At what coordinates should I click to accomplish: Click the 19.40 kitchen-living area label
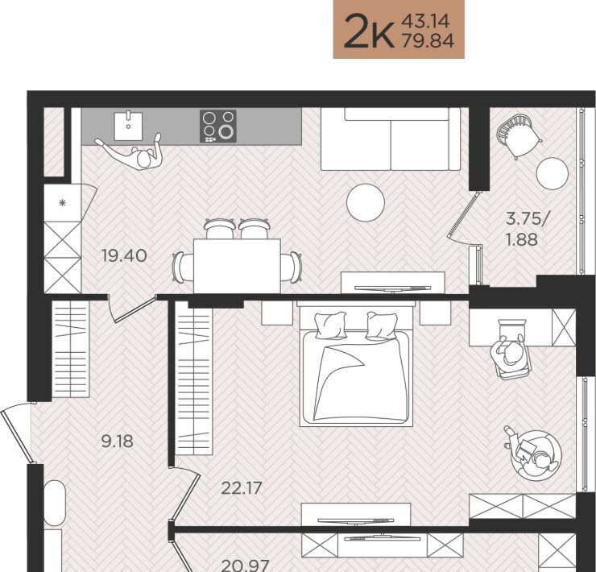124,255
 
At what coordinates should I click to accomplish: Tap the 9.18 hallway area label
118,441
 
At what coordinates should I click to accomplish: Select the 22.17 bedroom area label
242,488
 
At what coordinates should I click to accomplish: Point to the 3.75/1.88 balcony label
526,230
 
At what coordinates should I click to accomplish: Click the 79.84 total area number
428,41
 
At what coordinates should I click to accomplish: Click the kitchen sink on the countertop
129,126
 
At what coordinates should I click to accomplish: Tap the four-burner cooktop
218,126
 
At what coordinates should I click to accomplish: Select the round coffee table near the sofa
366,202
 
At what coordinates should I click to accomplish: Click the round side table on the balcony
552,173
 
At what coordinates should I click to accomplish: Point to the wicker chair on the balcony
519,136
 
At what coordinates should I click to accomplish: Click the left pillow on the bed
330,325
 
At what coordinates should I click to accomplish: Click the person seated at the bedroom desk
511,353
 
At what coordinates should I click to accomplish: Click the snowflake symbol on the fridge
63,203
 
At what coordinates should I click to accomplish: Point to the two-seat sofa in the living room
391,139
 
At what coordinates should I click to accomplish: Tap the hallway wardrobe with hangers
70,349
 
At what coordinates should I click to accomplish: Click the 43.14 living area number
426,21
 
